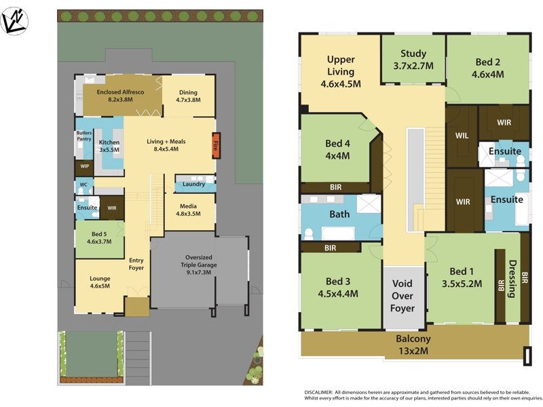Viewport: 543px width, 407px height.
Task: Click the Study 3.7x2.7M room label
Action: point(413,60)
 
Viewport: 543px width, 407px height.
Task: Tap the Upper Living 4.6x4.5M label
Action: point(341,71)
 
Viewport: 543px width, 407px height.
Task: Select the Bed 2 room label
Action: point(489,69)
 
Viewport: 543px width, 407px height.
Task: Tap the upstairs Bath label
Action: point(339,214)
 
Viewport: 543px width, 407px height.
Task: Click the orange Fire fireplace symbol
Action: point(216,146)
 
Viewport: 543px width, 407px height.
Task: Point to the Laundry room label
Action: point(194,184)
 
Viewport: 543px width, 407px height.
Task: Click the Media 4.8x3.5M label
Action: point(189,210)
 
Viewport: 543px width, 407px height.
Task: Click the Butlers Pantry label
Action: point(83,136)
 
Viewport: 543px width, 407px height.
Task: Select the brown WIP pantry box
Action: point(84,166)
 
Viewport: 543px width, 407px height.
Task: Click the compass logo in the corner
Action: point(14,20)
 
